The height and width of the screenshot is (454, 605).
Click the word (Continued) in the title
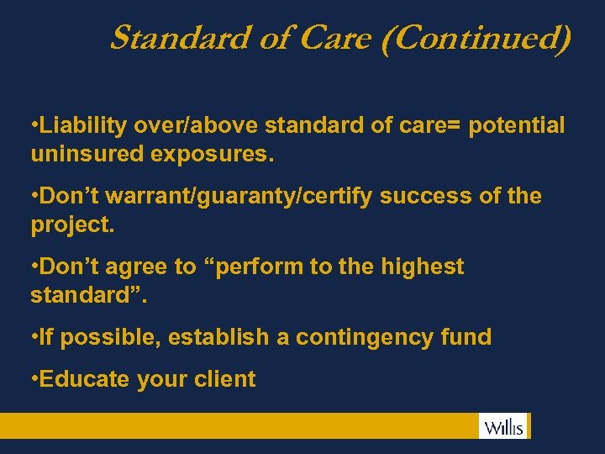(476, 39)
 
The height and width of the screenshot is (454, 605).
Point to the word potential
(517, 126)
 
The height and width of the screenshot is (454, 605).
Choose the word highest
(422, 267)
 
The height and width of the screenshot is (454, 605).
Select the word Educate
(84, 379)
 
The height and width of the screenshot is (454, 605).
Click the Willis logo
(504, 426)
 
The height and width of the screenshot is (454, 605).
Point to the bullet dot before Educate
(33, 379)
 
